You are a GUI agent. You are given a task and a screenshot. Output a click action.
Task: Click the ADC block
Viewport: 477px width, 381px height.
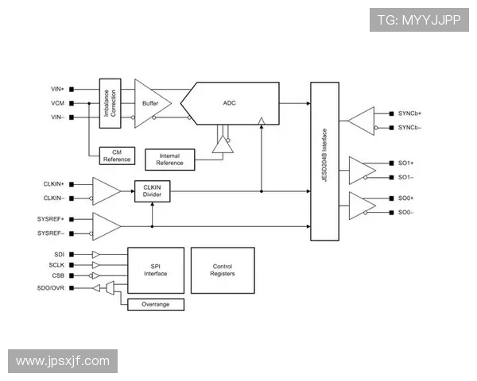click(231, 103)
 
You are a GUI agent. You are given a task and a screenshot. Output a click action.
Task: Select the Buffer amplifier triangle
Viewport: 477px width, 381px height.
click(149, 103)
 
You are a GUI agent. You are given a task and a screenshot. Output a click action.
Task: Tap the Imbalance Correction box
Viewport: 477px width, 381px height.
click(110, 103)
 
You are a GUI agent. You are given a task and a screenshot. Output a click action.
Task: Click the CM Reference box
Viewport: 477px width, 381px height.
click(117, 156)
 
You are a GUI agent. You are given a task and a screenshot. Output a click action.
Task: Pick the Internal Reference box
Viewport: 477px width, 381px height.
click(171, 159)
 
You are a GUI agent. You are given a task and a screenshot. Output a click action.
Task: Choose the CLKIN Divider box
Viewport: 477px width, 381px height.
click(152, 190)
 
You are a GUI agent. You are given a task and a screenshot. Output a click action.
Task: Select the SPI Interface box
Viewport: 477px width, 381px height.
click(156, 270)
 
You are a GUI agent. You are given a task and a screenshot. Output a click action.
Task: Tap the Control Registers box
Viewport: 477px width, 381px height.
click(223, 270)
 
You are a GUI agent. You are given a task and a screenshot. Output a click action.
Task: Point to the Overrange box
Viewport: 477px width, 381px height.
click(156, 304)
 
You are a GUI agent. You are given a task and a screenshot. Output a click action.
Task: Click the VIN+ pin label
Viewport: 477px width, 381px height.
click(57, 89)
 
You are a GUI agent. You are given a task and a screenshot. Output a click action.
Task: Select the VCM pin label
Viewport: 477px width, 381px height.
click(57, 103)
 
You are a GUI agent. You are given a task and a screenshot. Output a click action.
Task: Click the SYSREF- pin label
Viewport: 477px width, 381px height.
click(51, 233)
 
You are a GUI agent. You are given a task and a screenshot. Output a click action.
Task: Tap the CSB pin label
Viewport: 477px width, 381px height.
click(57, 275)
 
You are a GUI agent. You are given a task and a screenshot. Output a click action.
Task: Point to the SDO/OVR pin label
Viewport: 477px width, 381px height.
click(52, 287)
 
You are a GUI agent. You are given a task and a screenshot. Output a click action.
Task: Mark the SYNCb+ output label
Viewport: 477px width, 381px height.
click(409, 114)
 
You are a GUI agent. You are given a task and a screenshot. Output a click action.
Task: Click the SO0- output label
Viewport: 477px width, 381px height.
click(405, 212)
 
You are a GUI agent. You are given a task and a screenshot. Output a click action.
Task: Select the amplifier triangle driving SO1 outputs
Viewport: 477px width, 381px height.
click(362, 170)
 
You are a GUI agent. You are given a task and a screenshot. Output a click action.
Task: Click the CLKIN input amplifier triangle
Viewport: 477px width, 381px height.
click(106, 190)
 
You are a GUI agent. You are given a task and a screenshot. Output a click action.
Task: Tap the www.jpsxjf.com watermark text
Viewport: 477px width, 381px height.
click(63, 361)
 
